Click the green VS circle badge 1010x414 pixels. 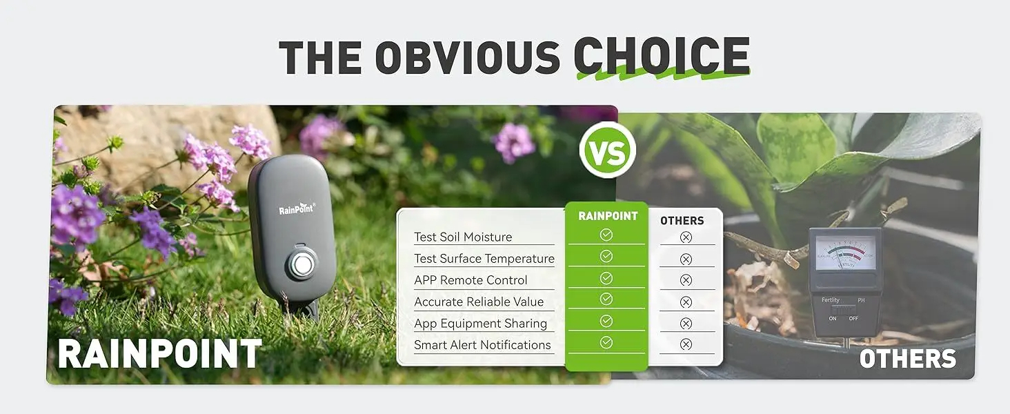click(x=607, y=150)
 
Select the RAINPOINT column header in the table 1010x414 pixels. click(x=607, y=216)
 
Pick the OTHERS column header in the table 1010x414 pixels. click(x=682, y=221)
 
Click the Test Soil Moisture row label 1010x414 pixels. click(x=463, y=237)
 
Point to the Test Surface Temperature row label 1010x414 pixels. click(x=484, y=259)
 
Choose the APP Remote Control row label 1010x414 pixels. click(x=471, y=280)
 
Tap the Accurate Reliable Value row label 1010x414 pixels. click(x=479, y=302)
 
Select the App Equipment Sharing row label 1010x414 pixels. click(x=480, y=323)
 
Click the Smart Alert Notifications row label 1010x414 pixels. click(x=482, y=345)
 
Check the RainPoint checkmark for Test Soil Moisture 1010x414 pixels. click(x=606, y=235)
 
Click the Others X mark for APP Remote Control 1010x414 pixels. click(x=686, y=280)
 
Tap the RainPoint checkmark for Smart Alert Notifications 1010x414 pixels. click(x=606, y=342)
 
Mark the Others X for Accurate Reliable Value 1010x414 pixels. click(x=686, y=302)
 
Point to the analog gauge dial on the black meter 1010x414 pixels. click(x=845, y=253)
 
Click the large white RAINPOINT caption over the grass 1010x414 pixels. click(x=159, y=353)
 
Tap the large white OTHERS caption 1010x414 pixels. click(x=908, y=359)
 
